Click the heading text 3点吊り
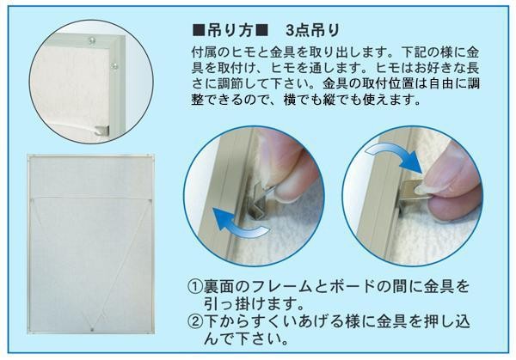(313, 31)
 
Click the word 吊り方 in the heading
(230, 31)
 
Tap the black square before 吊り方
(199, 31)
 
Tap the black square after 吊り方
(261, 31)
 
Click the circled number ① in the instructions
(195, 286)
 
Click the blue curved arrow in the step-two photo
(395, 155)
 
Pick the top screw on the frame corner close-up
(92, 41)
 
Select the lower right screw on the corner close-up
(114, 66)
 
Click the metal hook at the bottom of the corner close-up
(101, 131)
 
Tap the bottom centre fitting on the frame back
(92, 329)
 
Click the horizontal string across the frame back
(90, 198)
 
